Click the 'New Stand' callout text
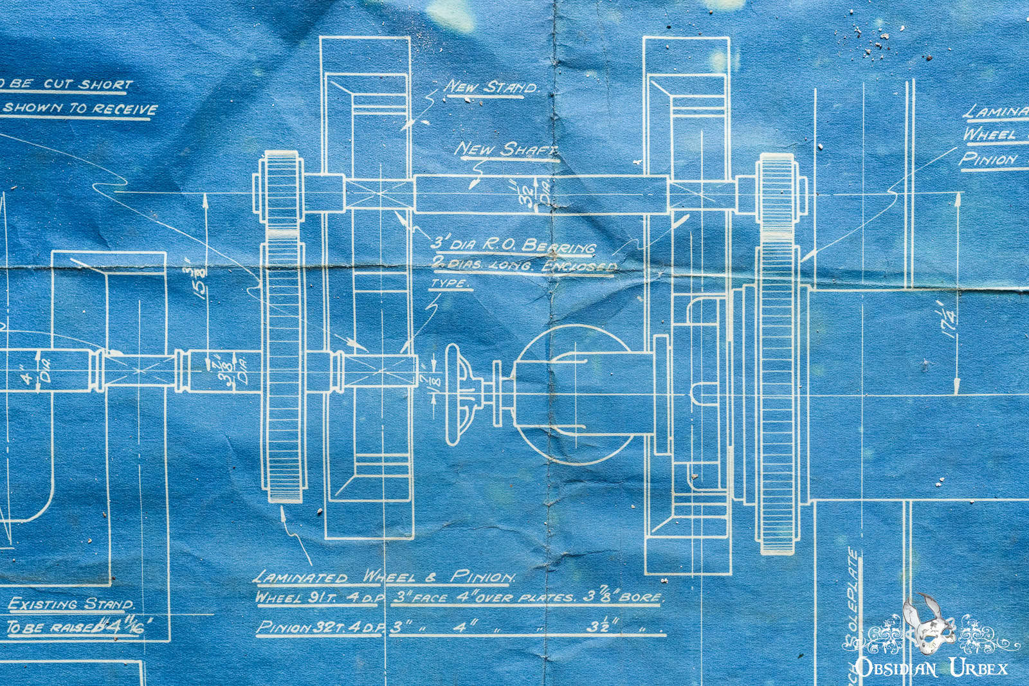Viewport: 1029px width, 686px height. [x=491, y=87]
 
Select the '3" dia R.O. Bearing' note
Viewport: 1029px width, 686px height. [x=513, y=245]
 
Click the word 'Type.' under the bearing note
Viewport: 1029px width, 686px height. [x=450, y=284]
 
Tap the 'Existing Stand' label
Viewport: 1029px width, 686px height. [x=71, y=604]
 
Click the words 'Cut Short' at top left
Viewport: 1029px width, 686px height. [x=87, y=84]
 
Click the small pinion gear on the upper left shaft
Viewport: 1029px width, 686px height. [x=280, y=189]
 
